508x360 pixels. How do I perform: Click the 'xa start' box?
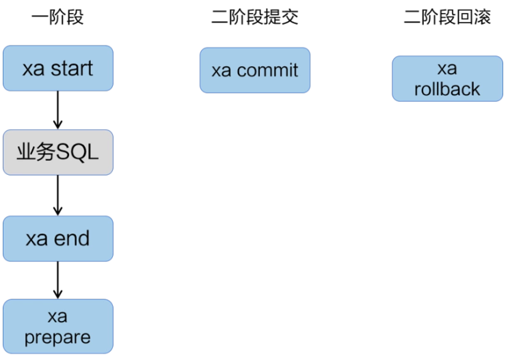coord(58,68)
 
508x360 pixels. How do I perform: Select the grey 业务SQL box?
coord(58,152)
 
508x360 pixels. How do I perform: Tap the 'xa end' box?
coord(58,238)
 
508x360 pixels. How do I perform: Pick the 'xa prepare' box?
coord(58,327)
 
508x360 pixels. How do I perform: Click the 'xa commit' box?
coord(255,70)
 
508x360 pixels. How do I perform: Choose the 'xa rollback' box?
coord(447,79)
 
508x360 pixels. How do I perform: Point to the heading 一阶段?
coord(57,17)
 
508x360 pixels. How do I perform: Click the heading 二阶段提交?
coord(254,17)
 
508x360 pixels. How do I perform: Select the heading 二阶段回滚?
coord(447,17)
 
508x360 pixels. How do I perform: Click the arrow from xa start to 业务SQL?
coord(57,110)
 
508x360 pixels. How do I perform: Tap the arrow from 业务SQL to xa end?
coord(57,195)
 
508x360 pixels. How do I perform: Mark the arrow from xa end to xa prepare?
coord(57,280)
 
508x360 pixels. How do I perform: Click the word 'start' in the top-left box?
coord(72,68)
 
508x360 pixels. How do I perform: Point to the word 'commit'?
coord(267,70)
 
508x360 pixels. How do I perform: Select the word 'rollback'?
coord(447,89)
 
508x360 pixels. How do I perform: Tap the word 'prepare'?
coord(57,338)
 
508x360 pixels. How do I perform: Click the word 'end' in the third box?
coord(72,238)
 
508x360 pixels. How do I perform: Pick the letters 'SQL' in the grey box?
coord(77,152)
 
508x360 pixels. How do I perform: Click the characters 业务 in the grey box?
coord(36,152)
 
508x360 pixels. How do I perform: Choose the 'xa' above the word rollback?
coord(447,68)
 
